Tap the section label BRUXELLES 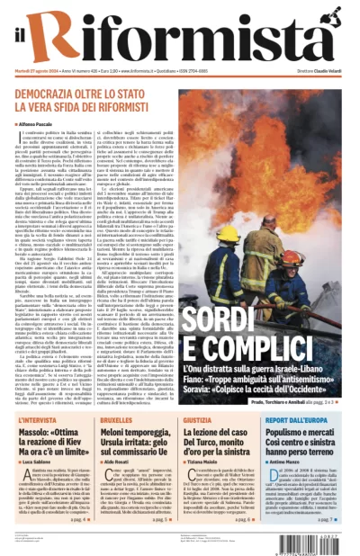tap(115, 420)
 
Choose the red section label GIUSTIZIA tap(197, 420)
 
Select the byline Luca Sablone tap(37, 460)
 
